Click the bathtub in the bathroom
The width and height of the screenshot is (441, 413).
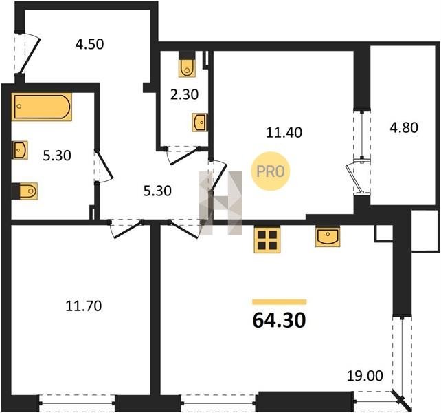click(x=42, y=107)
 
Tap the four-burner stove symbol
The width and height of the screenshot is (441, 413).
click(x=267, y=240)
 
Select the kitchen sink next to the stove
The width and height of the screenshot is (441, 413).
click(x=328, y=237)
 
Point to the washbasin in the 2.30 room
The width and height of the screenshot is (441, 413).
click(x=200, y=123)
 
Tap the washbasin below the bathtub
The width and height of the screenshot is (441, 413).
click(x=20, y=150)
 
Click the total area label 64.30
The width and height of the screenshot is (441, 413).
click(x=279, y=321)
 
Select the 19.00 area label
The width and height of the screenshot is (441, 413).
click(x=365, y=376)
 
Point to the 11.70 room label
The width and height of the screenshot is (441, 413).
click(x=84, y=306)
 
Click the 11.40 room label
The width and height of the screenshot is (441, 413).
click(x=284, y=132)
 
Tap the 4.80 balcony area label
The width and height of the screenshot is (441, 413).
click(x=404, y=127)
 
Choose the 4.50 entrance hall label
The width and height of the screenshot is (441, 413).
click(x=89, y=44)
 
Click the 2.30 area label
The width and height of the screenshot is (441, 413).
click(x=185, y=94)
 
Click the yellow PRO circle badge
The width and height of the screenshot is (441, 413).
click(x=270, y=171)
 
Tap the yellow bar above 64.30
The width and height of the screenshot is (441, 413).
click(x=280, y=302)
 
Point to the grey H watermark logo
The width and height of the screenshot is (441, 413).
click(x=220, y=202)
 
